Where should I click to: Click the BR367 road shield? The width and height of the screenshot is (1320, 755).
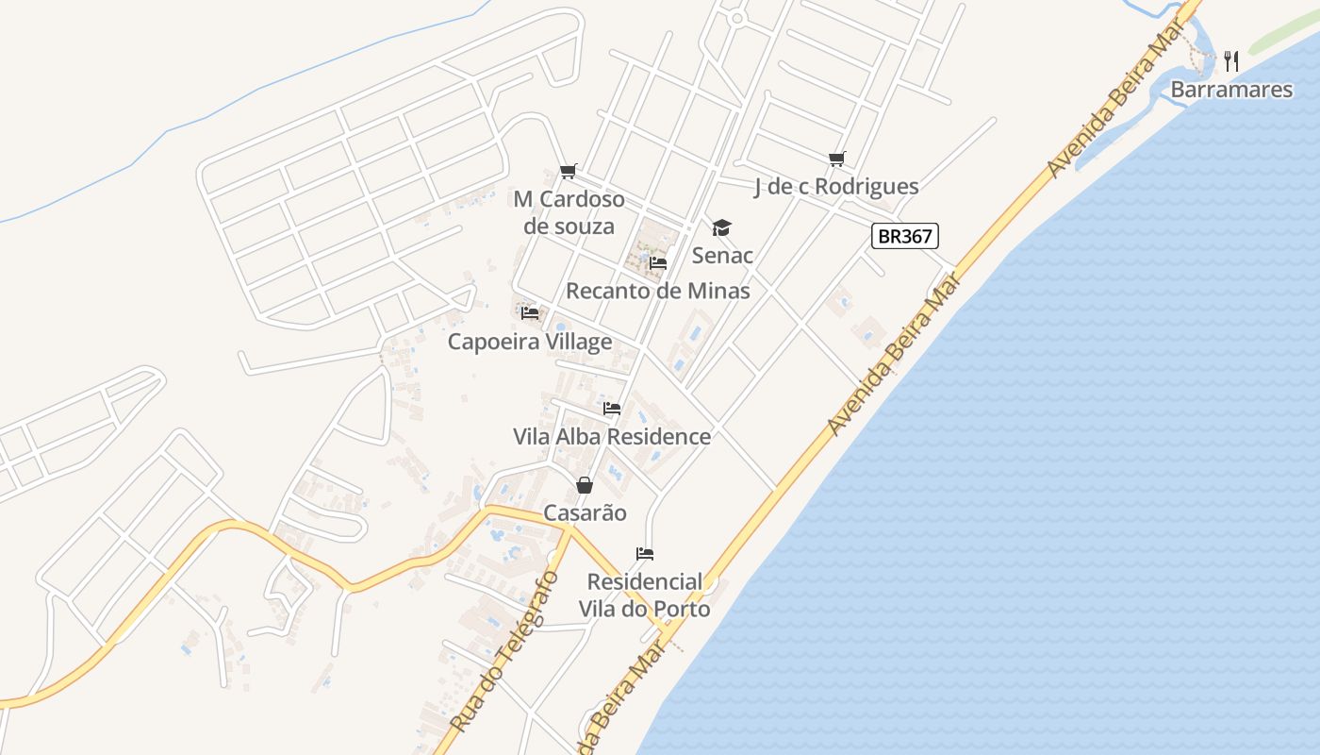[x=904, y=236]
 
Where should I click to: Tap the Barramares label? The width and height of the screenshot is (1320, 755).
[x=1231, y=90]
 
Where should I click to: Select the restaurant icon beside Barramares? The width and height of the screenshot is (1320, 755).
[x=1230, y=61]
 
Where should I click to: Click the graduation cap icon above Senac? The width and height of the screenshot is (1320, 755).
[x=722, y=227]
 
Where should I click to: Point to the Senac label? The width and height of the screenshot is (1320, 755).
[x=722, y=255]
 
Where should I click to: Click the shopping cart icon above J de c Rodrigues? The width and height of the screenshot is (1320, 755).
[x=836, y=159]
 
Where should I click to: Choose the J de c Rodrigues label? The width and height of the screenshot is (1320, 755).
[x=836, y=186]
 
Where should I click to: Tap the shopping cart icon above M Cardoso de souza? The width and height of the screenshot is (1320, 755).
[x=568, y=171]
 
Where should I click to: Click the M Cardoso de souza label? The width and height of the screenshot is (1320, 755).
[x=569, y=212]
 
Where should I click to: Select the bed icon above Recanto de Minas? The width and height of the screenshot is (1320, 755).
[x=658, y=262]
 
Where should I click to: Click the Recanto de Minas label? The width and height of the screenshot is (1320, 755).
[x=658, y=291]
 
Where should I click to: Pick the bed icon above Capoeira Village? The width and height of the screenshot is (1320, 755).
[x=530, y=313]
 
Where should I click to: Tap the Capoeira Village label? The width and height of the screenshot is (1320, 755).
[x=530, y=342]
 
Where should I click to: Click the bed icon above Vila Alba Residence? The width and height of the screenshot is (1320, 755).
[x=612, y=409]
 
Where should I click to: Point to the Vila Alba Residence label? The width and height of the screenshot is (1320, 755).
[x=612, y=437]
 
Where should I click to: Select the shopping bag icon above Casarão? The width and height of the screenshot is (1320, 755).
[x=585, y=485]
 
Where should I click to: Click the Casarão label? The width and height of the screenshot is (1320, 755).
[x=585, y=513]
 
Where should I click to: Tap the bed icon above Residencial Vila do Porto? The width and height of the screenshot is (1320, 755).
[x=645, y=554]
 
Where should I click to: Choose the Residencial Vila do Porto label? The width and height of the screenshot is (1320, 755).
[x=645, y=595]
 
